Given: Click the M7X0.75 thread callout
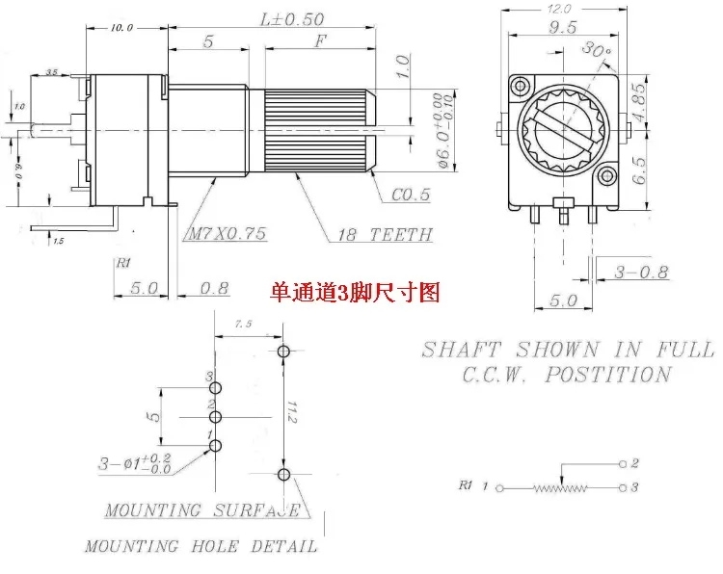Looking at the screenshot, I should [x=228, y=234].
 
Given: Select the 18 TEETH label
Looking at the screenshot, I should [x=385, y=234].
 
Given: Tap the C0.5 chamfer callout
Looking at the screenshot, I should [x=412, y=196].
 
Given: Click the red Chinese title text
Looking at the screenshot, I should [x=356, y=292].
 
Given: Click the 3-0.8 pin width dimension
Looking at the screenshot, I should [x=642, y=272].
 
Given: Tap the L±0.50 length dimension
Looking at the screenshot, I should [x=288, y=18].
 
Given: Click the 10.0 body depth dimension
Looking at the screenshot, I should [x=121, y=28].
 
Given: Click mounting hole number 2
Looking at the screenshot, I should [x=215, y=417].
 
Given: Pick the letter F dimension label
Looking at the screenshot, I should [x=321, y=41].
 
